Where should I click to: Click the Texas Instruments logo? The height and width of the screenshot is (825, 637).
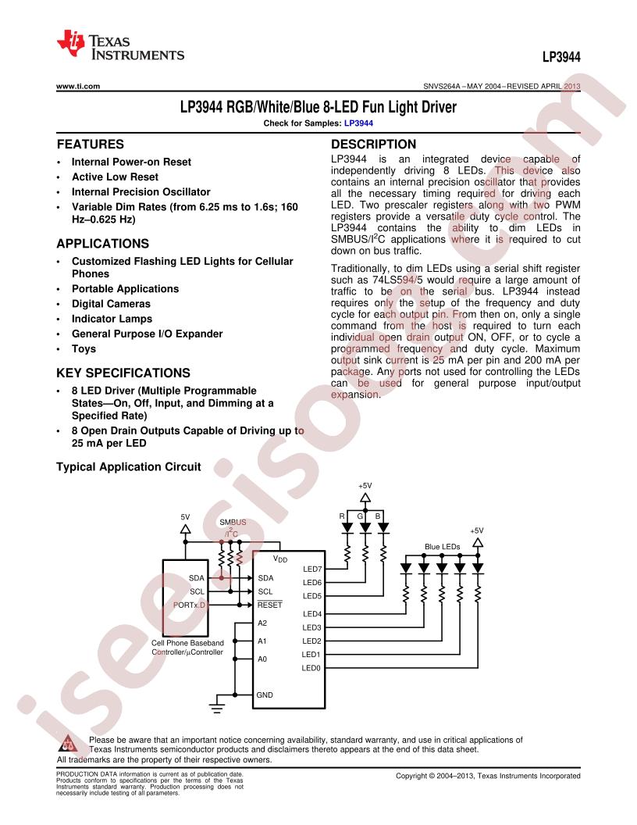tap(120, 45)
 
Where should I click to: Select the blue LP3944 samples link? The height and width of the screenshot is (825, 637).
tap(358, 123)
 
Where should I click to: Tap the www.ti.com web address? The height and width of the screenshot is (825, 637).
tap(78, 86)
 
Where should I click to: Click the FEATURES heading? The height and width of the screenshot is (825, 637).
tap(91, 145)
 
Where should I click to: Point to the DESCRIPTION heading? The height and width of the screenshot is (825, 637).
tap(373, 145)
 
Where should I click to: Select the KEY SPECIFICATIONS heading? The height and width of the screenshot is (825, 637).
tap(123, 373)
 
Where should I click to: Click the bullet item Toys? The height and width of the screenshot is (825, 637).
tap(84, 349)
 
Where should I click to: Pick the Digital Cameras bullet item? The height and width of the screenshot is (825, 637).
tap(111, 304)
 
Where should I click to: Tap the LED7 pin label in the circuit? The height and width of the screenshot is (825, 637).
tap(312, 569)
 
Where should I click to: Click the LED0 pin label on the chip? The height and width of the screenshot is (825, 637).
tap(311, 668)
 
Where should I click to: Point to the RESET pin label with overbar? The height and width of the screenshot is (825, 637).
tap(269, 605)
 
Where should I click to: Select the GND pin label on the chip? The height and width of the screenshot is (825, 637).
tap(265, 695)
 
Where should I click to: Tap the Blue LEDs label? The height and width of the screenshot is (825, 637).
tap(442, 547)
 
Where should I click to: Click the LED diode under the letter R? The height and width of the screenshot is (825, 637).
tap(347, 527)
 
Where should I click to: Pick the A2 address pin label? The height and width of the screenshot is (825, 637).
tap(262, 623)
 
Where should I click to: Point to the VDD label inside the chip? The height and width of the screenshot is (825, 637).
tap(280, 559)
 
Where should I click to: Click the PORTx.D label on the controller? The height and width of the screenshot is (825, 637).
tap(189, 605)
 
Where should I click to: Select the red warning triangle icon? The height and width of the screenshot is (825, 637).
tap(69, 744)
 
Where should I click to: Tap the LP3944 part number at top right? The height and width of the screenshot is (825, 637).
tap(561, 57)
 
